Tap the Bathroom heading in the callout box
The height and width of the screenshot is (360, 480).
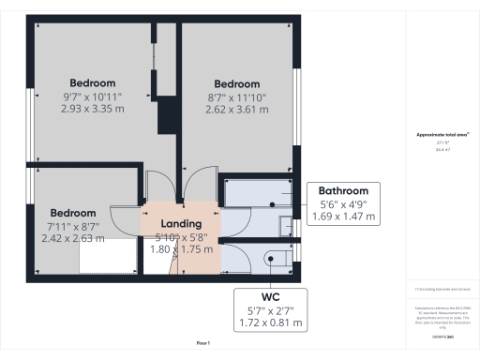click(344, 187)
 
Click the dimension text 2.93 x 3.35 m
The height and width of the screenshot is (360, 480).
click(93, 109)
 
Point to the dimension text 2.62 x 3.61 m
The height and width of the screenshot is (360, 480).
click(237, 109)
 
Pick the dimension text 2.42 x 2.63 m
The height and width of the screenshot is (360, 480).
click(73, 238)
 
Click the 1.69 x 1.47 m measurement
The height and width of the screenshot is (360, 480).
click(344, 217)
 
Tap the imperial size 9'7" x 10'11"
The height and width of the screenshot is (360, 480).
click(93, 96)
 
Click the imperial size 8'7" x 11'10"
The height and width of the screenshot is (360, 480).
click(237, 96)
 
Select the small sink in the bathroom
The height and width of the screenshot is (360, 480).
click(285, 225)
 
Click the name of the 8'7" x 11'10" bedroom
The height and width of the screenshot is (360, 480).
click(237, 82)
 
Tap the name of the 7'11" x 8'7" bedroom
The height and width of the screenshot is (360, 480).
click(73, 212)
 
